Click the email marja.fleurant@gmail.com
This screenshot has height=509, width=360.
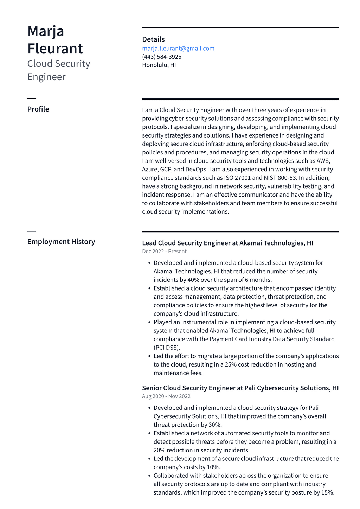[178, 49]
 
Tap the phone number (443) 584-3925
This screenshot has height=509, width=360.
[162, 57]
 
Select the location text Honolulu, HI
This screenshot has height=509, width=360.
[159, 65]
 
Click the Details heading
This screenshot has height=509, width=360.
[153, 39]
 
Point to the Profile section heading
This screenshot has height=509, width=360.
[38, 109]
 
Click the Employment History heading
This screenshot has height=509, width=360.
[61, 242]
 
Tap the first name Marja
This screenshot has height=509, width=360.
[46, 31]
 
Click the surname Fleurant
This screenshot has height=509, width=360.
[55, 49]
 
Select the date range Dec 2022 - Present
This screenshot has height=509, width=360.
[164, 252]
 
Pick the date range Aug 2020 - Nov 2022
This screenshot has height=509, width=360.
[166, 396]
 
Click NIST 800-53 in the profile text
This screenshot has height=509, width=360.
[280, 178]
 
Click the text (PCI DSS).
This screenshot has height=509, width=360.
[167, 348]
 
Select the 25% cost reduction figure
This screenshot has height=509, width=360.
[231, 364]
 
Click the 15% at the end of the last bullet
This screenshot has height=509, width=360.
[327, 492]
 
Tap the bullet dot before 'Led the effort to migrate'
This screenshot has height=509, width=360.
[149, 356]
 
